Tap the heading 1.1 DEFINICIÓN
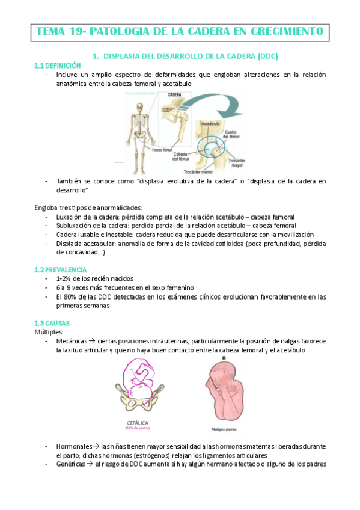click(x=57, y=65)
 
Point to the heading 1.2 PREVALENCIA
click(x=61, y=269)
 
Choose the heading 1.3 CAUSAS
click(x=53, y=323)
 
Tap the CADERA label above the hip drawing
click(x=175, y=95)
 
